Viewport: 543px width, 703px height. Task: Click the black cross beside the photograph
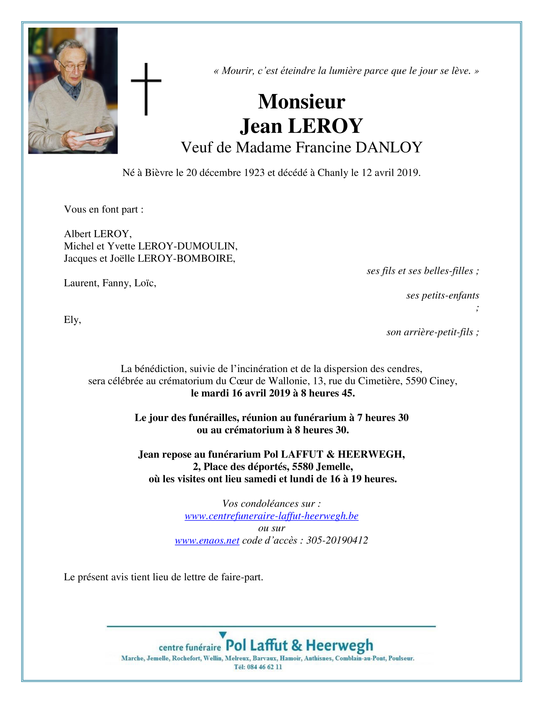click(x=146, y=89)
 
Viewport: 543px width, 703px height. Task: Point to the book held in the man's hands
click(x=94, y=135)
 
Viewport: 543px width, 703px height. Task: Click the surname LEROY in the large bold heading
click(x=325, y=126)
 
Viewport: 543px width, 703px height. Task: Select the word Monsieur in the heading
click(x=301, y=102)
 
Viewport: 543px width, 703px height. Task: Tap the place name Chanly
click(x=332, y=173)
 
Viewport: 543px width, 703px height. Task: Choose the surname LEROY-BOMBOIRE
click(x=186, y=258)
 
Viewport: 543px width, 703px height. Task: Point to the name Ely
click(x=71, y=320)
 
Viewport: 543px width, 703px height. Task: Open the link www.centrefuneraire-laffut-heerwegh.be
click(x=271, y=516)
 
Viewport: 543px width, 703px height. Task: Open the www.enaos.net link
click(x=207, y=541)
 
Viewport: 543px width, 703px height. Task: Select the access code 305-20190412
click(x=337, y=541)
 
